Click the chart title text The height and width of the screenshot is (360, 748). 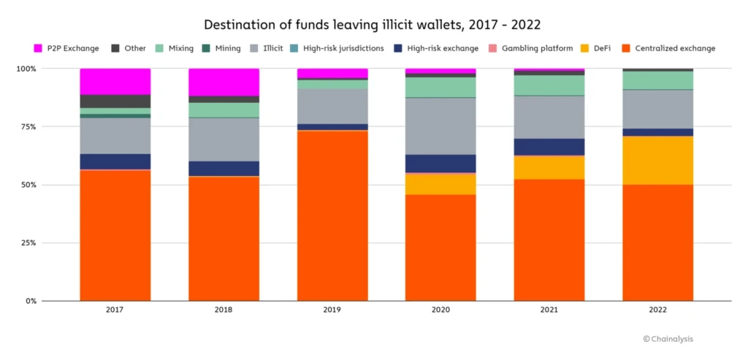373,25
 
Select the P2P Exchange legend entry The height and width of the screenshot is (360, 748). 66,48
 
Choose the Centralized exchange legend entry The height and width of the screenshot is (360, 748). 668,48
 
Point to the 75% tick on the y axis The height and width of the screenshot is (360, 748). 27,126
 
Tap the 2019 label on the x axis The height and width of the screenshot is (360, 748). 332,310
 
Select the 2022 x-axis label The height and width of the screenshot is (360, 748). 658,310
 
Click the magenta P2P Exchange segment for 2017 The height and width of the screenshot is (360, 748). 115,82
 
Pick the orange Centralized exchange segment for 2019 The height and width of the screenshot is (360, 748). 332,215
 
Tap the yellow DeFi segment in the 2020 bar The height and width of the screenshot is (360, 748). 440,185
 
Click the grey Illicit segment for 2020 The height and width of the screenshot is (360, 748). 440,126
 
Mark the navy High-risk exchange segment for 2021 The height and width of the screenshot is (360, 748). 549,147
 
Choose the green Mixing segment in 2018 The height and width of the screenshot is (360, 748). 224,110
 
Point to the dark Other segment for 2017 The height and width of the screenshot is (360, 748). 115,102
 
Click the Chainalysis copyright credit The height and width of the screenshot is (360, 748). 668,339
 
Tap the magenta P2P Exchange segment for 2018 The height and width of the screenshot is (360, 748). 224,83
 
